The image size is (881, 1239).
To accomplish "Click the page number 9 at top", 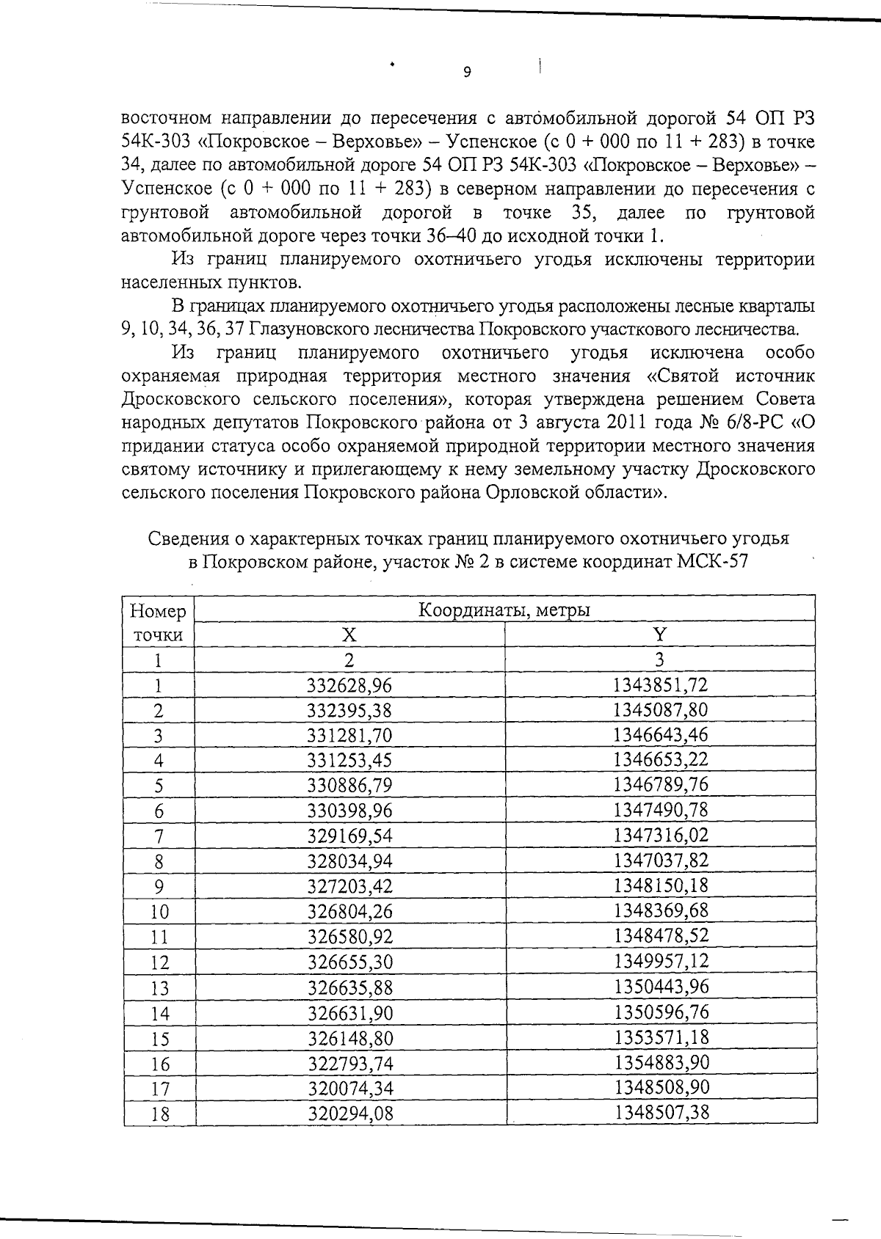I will [x=467, y=72].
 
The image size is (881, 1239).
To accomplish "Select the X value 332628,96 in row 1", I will [x=349, y=685].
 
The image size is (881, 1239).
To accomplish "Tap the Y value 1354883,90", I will [x=661, y=1062].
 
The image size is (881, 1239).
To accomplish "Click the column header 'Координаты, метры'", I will [x=504, y=610].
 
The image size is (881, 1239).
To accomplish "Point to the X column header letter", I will [x=350, y=635].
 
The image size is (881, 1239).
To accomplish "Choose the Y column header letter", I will [x=660, y=635].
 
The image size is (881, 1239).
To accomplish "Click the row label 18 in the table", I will [x=159, y=1114].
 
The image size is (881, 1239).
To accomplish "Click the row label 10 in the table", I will [x=159, y=912].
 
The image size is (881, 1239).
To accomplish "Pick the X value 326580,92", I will [x=349, y=937].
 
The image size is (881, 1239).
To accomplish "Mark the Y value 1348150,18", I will [x=661, y=885].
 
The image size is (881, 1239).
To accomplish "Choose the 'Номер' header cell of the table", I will [x=158, y=611].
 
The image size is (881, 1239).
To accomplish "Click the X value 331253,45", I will [x=349, y=760].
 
